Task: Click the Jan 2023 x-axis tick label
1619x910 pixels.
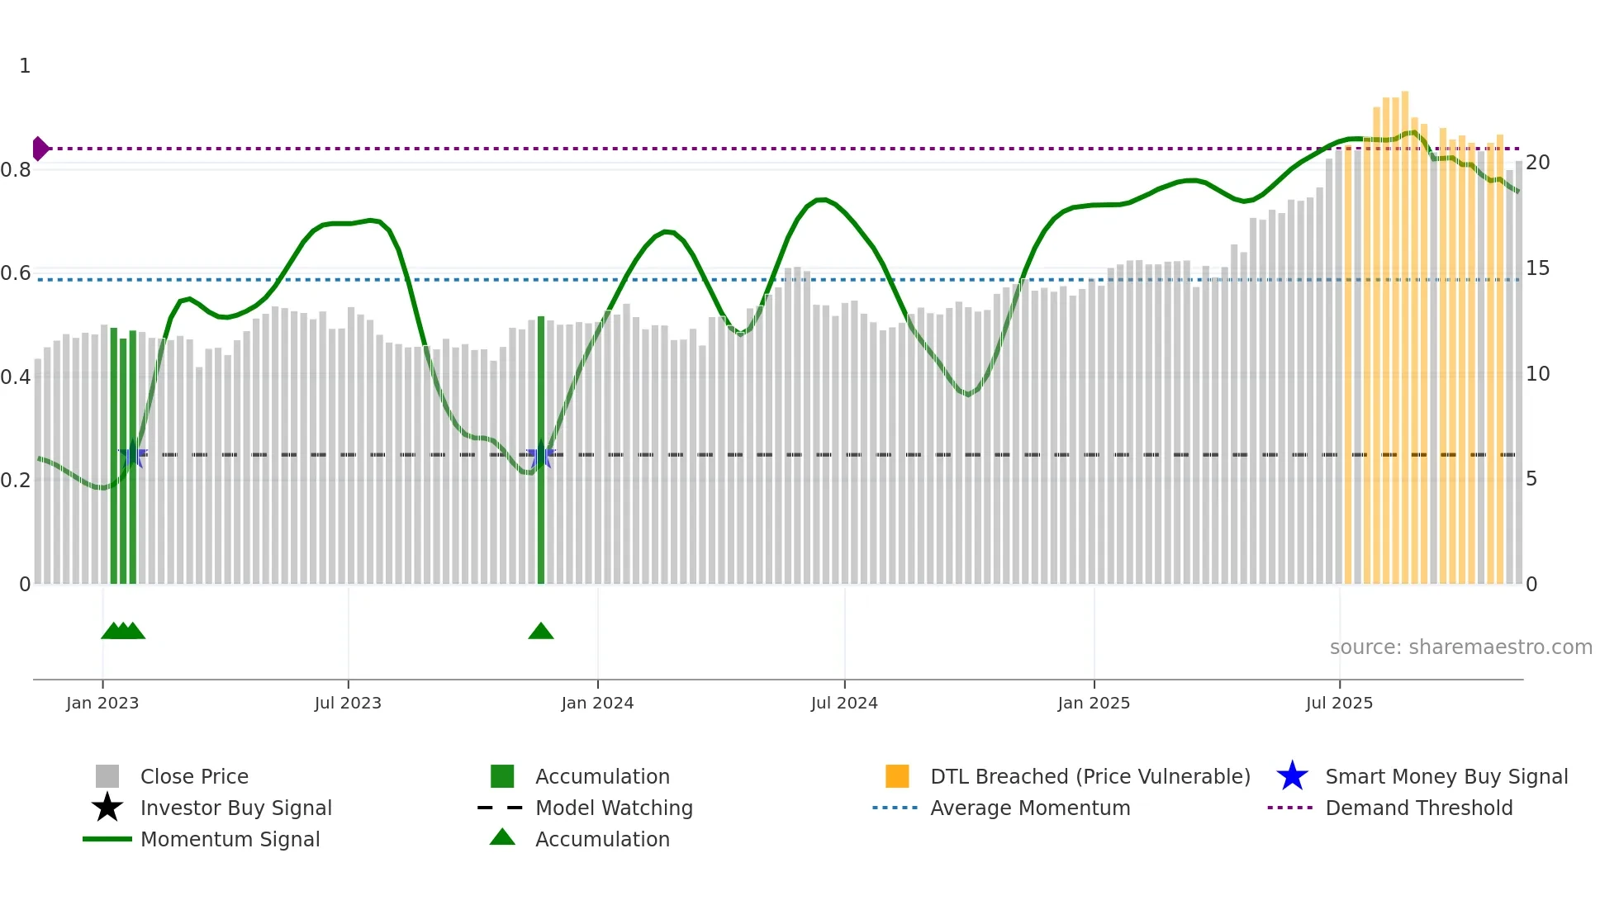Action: tap(102, 703)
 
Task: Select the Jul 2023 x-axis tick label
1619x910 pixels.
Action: tap(348, 703)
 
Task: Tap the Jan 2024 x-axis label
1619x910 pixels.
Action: tap(597, 703)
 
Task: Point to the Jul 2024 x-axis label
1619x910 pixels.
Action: tap(844, 703)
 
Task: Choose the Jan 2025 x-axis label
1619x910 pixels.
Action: tap(1094, 703)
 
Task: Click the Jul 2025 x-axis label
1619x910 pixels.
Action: tap(1339, 703)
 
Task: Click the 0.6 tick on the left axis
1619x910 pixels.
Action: tap(16, 273)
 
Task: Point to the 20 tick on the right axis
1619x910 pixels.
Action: tap(1537, 163)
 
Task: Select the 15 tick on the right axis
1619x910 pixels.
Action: tap(1537, 268)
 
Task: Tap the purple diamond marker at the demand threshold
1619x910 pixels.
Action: tap(40, 149)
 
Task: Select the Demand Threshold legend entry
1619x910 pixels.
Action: tap(1418, 808)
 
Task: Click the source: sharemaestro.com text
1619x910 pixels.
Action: tap(1460, 647)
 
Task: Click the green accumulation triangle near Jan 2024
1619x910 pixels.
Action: tap(541, 632)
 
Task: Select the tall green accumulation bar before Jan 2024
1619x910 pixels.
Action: tap(541, 450)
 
